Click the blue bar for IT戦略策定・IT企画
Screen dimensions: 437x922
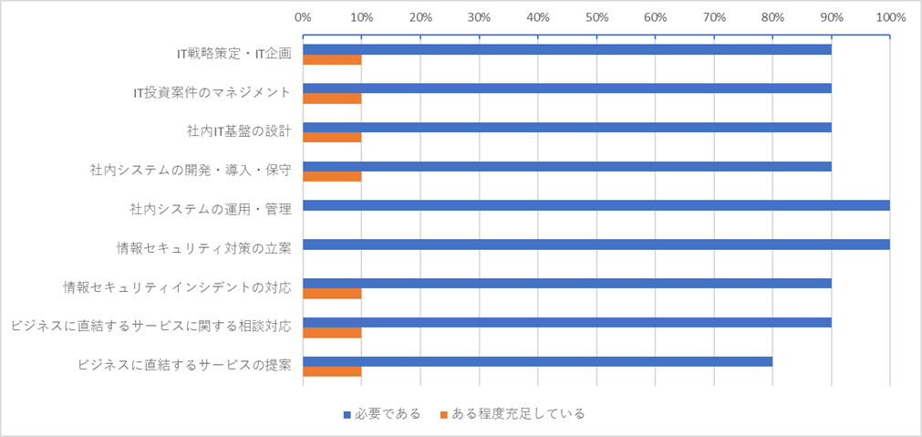566,48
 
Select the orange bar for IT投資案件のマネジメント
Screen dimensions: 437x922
332,99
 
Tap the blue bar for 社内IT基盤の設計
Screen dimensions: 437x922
566,127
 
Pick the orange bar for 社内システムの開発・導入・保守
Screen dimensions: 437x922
332,177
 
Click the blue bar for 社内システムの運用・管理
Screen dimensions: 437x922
596,205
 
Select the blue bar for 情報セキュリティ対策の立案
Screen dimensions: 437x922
596,245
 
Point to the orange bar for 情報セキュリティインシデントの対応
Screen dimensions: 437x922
332,294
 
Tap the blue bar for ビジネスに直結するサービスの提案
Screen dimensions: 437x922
537,361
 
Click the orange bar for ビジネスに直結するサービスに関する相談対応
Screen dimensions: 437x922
332,333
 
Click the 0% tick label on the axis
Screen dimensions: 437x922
303,16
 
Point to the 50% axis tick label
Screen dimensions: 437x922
596,16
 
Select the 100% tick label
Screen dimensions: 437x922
889,16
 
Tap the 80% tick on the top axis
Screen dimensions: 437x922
772,16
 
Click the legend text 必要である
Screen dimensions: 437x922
391,414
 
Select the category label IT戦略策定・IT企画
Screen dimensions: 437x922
233,53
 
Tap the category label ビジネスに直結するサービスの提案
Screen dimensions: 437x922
185,366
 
